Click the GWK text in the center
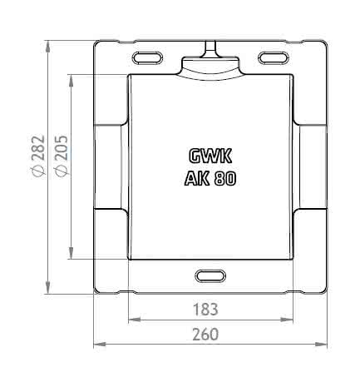click(x=210, y=156)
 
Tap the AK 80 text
click(x=210, y=178)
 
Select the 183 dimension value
click(x=205, y=310)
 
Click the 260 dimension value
click(x=205, y=334)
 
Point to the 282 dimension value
click(x=38, y=147)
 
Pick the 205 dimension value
click(x=62, y=147)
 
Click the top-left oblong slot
click(x=147, y=58)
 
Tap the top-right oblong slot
click(x=274, y=58)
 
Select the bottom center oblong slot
click(x=210, y=276)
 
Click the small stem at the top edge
click(x=210, y=48)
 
